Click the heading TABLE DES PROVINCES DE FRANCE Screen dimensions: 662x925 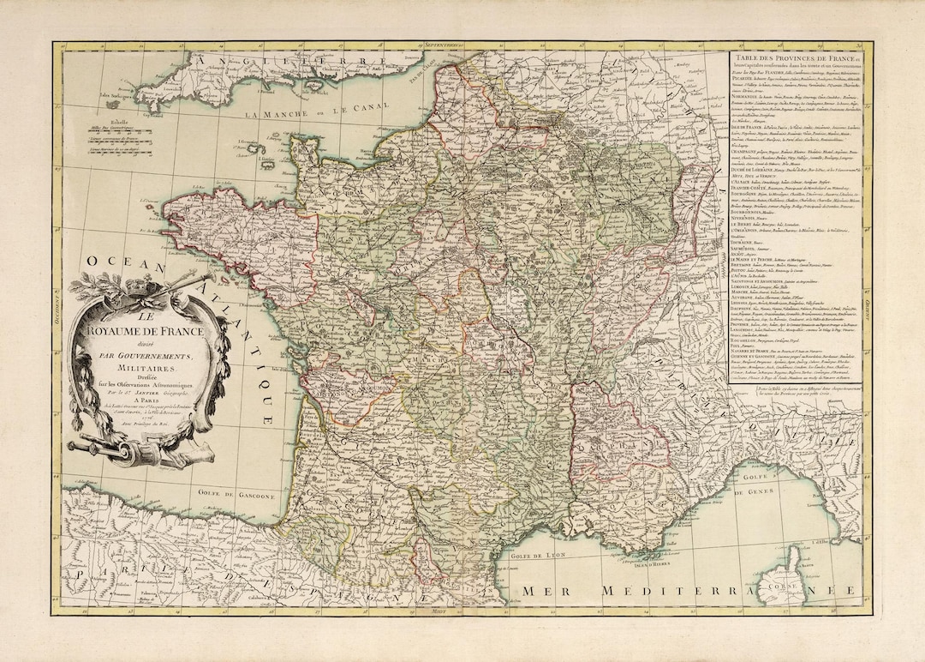coord(799,57)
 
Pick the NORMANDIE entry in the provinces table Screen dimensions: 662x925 coord(750,97)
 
